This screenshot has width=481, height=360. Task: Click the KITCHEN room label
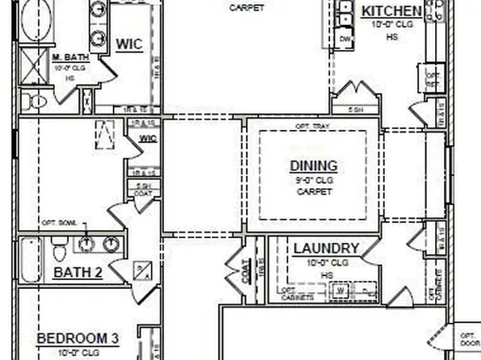coord(391,11)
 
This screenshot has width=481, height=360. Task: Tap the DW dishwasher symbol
coord(345,39)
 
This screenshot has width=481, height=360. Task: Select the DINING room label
coord(314,166)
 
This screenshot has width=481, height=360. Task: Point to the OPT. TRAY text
coord(312,127)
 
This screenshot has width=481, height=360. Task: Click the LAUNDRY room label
coord(326,249)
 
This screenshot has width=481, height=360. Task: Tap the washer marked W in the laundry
coord(342,288)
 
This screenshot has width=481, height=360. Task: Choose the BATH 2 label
coord(77,273)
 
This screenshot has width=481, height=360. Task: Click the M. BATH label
coord(70,58)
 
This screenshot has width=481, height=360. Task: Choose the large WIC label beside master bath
coord(130,43)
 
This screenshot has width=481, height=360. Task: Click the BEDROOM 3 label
coord(78,338)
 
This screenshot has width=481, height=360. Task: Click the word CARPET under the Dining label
coord(314,192)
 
